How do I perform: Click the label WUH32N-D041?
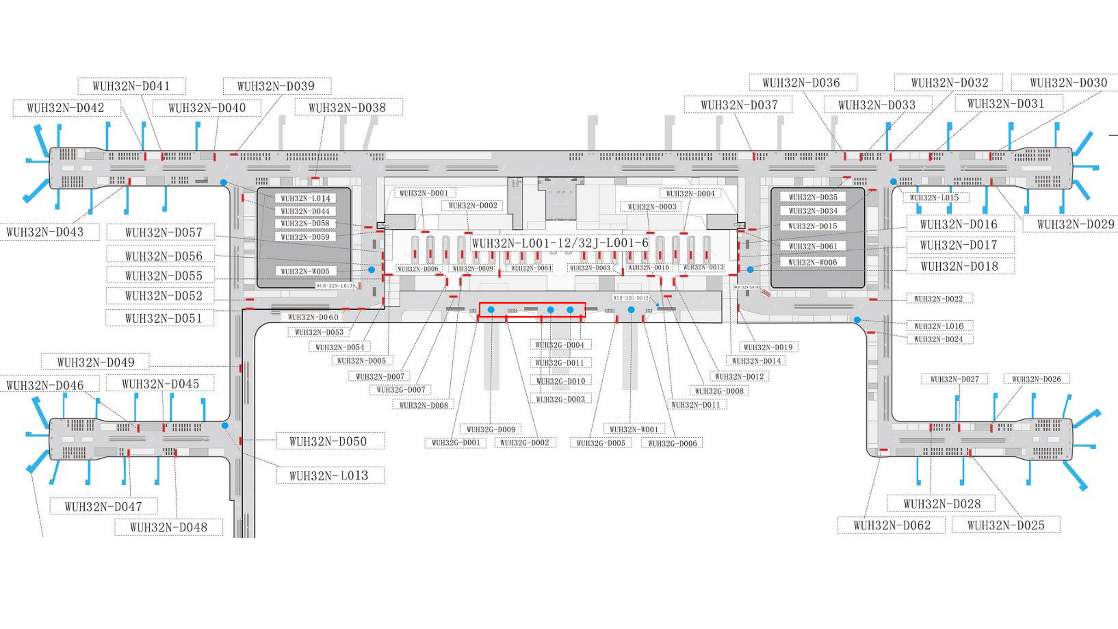coord(131,86)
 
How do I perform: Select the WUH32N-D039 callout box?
coord(276,86)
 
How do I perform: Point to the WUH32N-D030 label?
coord(1068,83)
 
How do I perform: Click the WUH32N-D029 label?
coord(1076,225)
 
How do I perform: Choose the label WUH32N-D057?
coord(163,232)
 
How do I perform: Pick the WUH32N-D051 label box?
coord(163,318)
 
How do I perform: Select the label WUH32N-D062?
coord(892,525)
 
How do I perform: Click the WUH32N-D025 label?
coord(1006,525)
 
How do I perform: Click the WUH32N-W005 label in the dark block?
coord(305,272)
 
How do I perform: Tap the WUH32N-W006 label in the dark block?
coord(813,263)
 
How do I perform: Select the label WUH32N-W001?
coord(634,429)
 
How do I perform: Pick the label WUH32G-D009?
coord(491,429)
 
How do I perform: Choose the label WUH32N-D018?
coord(959,266)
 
